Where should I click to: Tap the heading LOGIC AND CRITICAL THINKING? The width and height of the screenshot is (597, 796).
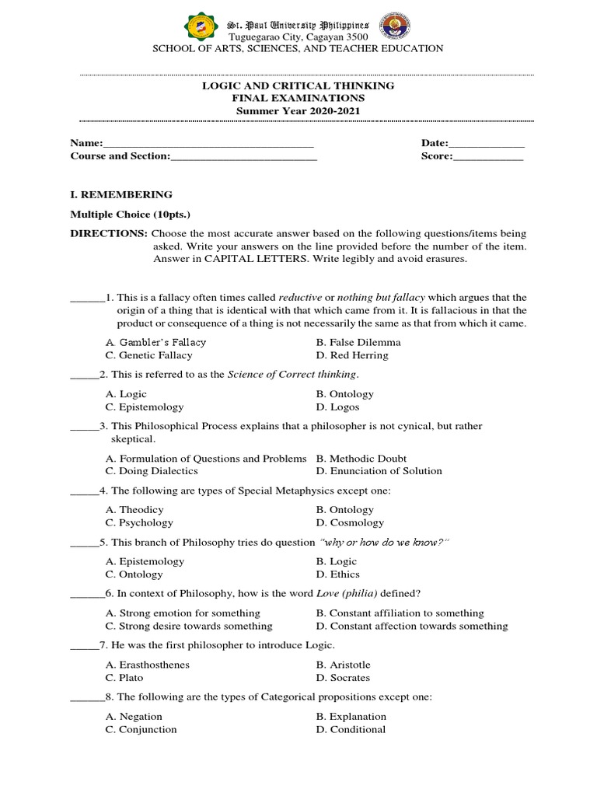pos(298,86)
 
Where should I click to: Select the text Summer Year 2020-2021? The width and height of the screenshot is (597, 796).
pos(298,111)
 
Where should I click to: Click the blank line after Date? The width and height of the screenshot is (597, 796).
pos(487,144)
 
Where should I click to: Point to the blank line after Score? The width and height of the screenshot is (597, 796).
pos(488,156)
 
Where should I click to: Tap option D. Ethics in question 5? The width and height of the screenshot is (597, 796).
pos(338,574)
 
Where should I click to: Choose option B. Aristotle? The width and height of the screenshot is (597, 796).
pos(344,665)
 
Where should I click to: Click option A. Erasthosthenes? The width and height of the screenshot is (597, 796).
pos(148,665)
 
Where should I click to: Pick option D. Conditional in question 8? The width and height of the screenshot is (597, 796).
pos(351,729)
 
